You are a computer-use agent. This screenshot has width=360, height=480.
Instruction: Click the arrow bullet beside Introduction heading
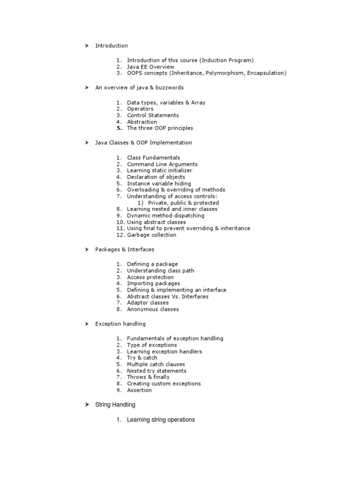(x=87, y=45)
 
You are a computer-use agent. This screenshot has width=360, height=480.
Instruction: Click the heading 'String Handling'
(x=115, y=405)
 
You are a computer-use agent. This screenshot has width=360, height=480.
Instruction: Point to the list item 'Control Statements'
(x=153, y=115)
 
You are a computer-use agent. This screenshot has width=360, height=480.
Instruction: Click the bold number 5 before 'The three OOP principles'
(x=120, y=128)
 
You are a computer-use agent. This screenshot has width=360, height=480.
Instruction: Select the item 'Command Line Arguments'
(x=162, y=164)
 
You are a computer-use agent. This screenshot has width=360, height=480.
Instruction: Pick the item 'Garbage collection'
(x=152, y=235)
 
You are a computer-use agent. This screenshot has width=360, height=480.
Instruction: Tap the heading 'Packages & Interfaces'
(x=125, y=249)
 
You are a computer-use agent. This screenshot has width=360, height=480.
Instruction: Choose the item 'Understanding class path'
(x=160, y=270)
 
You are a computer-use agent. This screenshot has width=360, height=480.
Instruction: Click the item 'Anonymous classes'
(x=153, y=309)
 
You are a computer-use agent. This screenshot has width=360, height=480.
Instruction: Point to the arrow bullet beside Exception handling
(x=87, y=324)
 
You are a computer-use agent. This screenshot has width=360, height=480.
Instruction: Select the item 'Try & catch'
(x=142, y=358)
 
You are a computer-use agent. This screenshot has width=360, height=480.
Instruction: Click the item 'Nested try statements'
(x=157, y=371)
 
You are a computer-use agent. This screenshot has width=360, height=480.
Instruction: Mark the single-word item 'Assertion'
(x=139, y=390)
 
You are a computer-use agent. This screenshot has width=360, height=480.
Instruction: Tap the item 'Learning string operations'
(x=161, y=420)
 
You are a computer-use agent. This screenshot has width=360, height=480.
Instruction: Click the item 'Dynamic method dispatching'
(x=165, y=216)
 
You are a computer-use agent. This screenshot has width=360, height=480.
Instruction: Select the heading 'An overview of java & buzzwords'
(x=139, y=88)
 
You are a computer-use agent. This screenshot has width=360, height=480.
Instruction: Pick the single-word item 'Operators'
(x=140, y=109)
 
